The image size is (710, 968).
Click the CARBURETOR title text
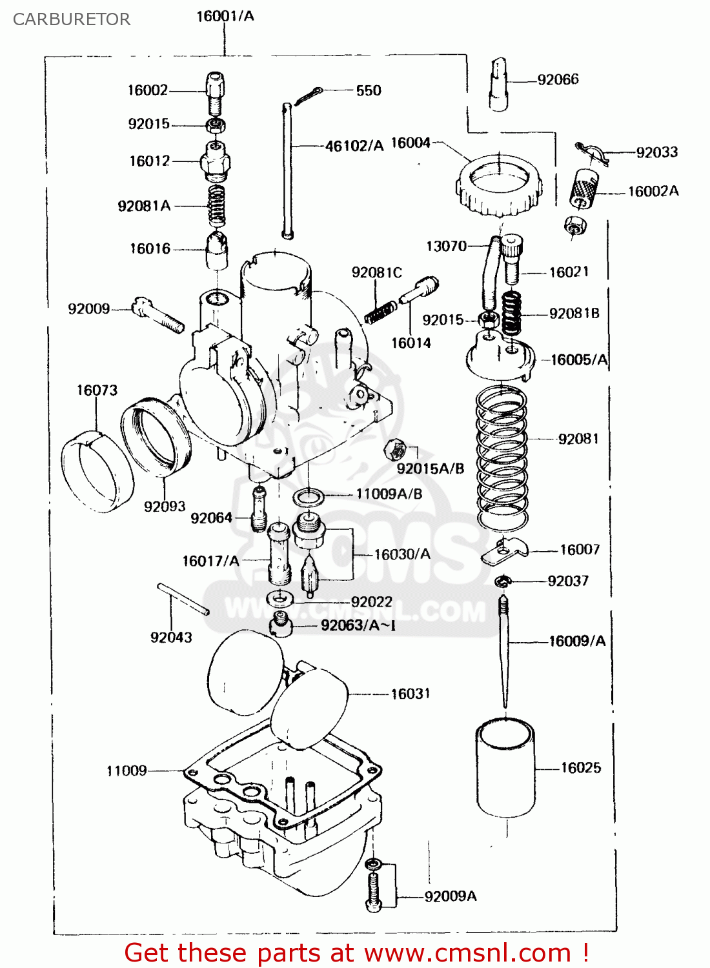point(72,19)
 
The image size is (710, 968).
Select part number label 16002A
point(653,191)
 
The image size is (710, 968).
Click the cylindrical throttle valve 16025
point(505,768)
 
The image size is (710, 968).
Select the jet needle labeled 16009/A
point(504,652)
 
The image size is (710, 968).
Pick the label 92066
point(558,79)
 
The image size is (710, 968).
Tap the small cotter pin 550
point(307,96)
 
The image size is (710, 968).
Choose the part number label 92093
point(164,507)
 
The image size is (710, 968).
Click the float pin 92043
point(183,599)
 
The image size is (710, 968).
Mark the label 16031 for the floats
point(410,694)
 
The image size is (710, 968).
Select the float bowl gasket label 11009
point(127,771)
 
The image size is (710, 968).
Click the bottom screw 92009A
point(374,891)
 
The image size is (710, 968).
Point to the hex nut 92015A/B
point(394,449)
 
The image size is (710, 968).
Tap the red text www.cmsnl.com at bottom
point(467,953)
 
